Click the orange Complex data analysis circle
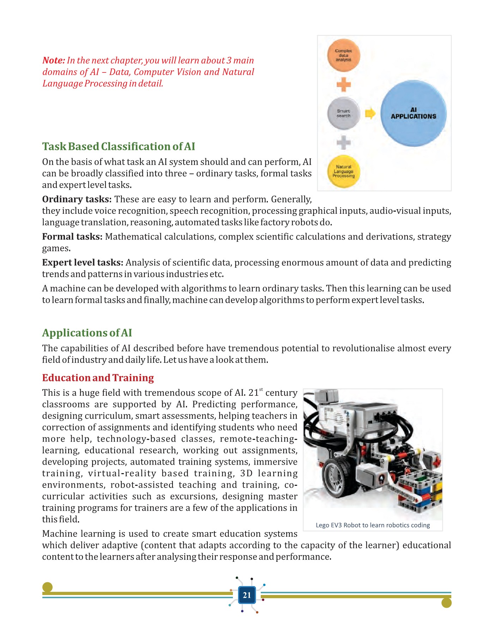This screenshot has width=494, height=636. [343, 55]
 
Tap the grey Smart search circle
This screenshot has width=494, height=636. [343, 113]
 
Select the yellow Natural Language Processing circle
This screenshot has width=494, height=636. [343, 171]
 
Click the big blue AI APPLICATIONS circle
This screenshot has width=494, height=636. [414, 113]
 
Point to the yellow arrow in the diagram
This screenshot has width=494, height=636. [370, 113]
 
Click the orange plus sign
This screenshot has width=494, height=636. [343, 84]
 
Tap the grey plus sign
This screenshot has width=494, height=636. [343, 142]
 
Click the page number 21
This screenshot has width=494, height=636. [247, 595]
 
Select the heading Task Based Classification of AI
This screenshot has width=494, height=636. [119, 146]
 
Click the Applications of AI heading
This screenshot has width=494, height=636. [87, 333]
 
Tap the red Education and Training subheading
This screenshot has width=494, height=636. [98, 378]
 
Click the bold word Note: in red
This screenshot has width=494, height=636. [54, 60]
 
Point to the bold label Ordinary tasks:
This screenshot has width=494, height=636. [77, 199]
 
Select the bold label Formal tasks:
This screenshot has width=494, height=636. [72, 237]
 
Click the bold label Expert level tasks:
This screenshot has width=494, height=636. [82, 263]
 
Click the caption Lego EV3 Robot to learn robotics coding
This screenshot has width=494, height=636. [373, 525]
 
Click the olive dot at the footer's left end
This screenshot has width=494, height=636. [47, 587]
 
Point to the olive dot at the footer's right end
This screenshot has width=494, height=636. [446, 603]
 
